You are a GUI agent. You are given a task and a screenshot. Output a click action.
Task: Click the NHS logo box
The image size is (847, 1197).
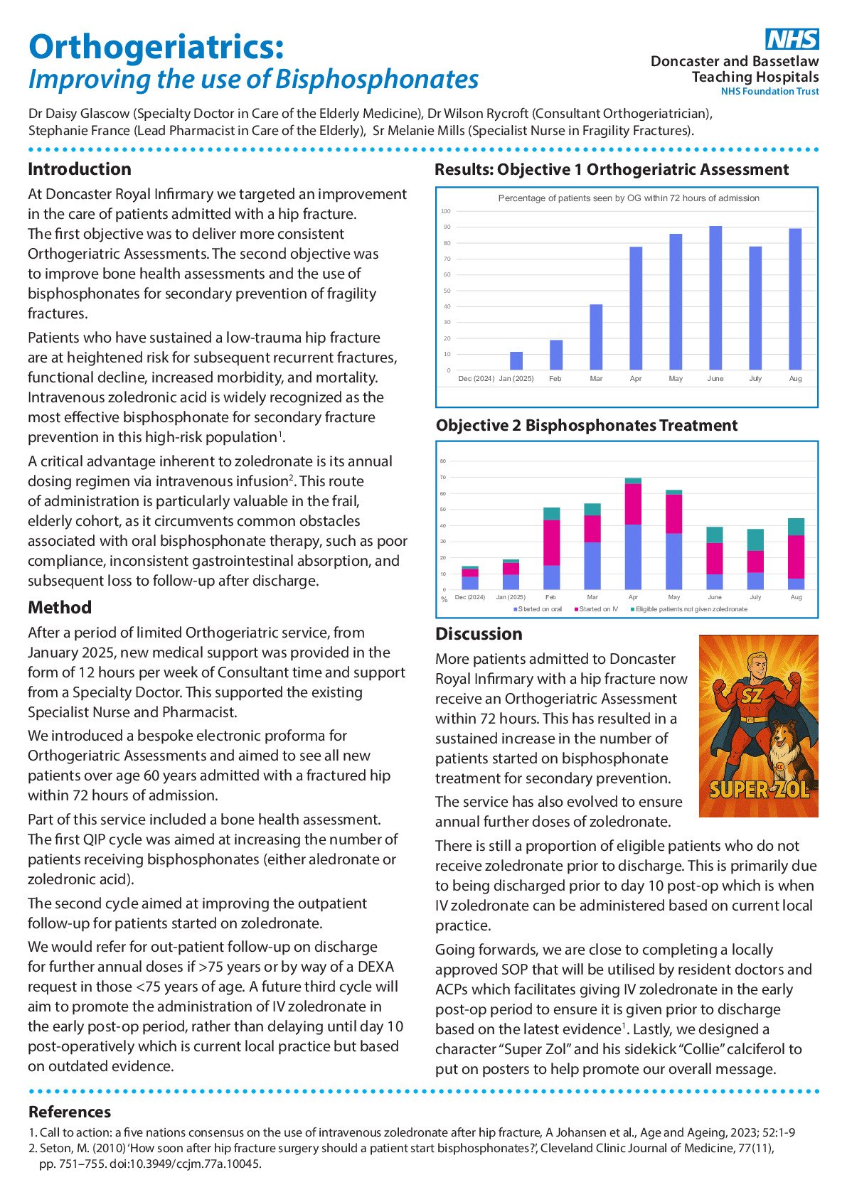click(x=792, y=39)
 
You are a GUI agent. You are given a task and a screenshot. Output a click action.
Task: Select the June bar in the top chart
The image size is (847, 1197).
click(x=715, y=298)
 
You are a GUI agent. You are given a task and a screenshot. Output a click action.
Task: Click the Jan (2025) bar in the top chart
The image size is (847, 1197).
click(x=516, y=360)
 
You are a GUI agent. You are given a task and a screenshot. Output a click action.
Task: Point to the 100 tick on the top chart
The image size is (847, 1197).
click(x=446, y=211)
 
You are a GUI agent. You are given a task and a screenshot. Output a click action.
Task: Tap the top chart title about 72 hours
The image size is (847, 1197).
click(x=628, y=198)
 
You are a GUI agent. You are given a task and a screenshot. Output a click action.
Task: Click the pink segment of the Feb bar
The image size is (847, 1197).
click(x=551, y=542)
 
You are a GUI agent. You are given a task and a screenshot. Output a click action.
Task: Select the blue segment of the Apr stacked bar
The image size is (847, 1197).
click(x=633, y=557)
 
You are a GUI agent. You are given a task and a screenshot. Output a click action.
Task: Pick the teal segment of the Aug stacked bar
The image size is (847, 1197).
click(x=797, y=527)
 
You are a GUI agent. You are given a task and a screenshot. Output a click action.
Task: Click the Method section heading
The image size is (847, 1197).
click(x=60, y=608)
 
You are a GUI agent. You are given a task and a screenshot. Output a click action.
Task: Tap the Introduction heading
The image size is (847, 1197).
click(x=80, y=169)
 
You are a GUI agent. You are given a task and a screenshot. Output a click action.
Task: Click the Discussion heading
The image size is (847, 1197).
click(x=479, y=634)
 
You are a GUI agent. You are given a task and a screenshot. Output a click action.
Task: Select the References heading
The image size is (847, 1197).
click(x=70, y=1112)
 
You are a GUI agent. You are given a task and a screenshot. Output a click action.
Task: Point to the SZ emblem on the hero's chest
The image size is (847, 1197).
click(x=752, y=697)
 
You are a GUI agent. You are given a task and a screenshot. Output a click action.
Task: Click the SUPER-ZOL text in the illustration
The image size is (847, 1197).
click(x=759, y=790)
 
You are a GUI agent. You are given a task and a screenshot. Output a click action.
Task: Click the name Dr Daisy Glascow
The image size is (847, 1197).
click(x=80, y=114)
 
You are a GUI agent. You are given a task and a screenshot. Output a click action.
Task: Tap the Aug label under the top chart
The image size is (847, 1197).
click(x=795, y=379)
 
